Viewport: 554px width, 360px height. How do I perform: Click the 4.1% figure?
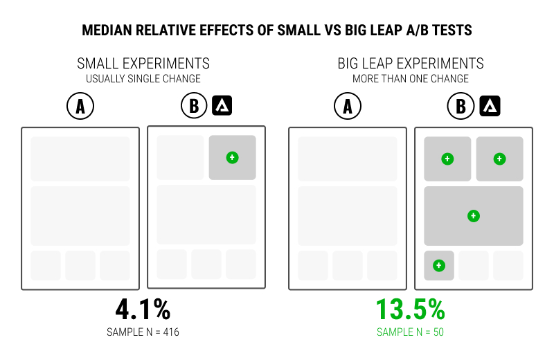pos(143,309)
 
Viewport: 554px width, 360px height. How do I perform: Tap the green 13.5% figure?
pos(410,309)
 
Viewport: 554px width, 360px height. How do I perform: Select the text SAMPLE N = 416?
pos(143,332)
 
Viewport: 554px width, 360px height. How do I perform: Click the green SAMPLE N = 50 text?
pos(410,332)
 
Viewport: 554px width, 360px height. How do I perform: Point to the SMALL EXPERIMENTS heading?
pos(143,64)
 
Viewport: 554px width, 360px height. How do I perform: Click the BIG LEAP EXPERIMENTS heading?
pos(411,64)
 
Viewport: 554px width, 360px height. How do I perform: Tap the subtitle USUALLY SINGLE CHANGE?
pos(143,79)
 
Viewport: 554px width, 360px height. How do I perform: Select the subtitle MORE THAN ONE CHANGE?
pos(411,79)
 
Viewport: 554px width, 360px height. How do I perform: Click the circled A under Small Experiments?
pos(80,106)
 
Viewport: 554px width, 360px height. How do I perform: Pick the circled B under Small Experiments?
pos(194,106)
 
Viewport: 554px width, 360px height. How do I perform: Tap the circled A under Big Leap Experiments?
pos(348,106)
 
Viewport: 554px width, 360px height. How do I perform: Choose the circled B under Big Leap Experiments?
pos(461,106)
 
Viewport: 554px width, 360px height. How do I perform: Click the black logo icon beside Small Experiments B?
pos(222,105)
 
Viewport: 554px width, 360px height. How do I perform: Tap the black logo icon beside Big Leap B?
pos(490,105)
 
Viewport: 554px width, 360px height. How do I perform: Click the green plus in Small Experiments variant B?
pos(232,157)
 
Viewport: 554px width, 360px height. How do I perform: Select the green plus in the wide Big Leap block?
pos(473,216)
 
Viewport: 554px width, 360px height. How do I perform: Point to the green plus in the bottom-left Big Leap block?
pos(438,265)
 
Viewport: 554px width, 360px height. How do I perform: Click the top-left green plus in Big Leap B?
pos(447,159)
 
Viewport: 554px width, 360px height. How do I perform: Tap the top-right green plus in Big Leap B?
pos(499,159)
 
